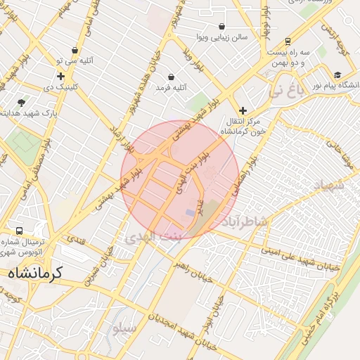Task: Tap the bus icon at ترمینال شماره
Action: tap(19, 231)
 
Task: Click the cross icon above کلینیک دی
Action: tap(60, 76)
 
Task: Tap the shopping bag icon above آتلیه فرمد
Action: tap(171, 77)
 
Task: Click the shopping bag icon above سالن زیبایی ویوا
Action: tap(221, 26)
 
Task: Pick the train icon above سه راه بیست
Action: tap(288, 41)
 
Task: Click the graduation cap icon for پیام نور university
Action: tap(338, 75)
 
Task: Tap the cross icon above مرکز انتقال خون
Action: tap(243, 110)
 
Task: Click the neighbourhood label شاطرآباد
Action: tap(245, 222)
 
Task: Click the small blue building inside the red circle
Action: tap(190, 212)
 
